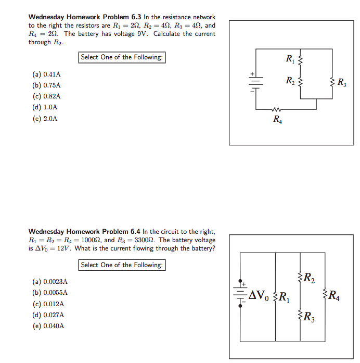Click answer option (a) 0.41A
(x=46, y=74)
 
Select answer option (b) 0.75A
(x=46, y=85)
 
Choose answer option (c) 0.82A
(x=46, y=96)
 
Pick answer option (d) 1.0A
(x=45, y=107)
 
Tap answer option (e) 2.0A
(x=45, y=119)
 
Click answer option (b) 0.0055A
(x=50, y=293)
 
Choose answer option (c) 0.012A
(x=48, y=304)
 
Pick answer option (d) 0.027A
(x=48, y=315)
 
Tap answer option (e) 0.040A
(x=48, y=326)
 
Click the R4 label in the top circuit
(x=277, y=119)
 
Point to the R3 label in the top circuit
(x=342, y=82)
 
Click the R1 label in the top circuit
(x=290, y=59)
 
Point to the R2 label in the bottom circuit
(x=308, y=277)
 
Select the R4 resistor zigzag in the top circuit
(x=277, y=109)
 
